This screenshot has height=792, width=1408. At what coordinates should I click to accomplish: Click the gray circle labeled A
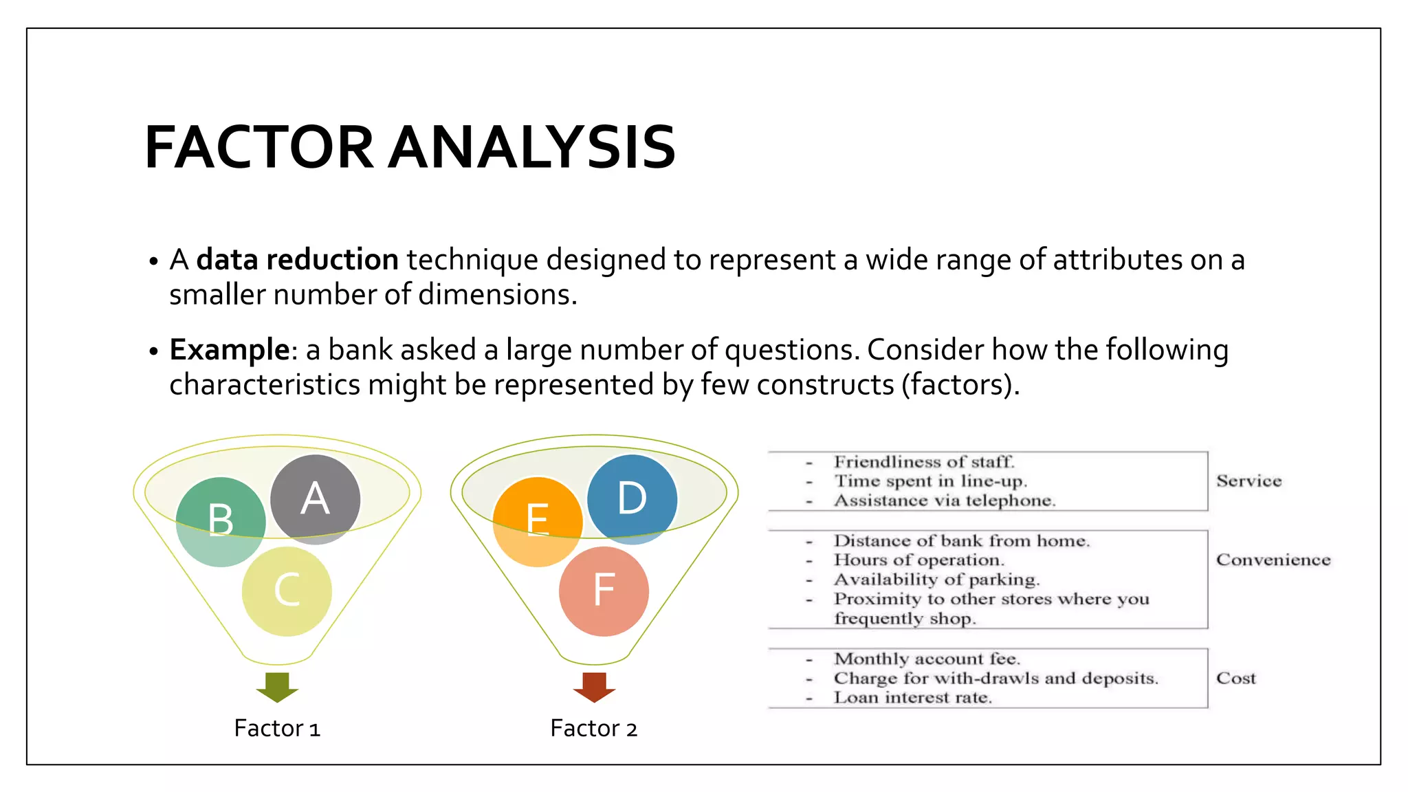click(x=315, y=499)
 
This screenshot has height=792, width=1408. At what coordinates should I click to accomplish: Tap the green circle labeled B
click(x=221, y=522)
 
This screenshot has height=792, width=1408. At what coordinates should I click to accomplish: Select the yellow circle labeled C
click(x=287, y=591)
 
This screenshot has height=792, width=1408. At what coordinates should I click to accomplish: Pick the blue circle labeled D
click(x=632, y=499)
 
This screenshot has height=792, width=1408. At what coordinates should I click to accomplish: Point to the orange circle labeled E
click(x=538, y=522)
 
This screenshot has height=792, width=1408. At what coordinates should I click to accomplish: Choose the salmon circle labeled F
click(x=604, y=591)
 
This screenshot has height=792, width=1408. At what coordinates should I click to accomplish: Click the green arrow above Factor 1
click(x=277, y=687)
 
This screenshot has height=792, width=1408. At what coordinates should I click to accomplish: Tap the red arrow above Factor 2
click(x=594, y=687)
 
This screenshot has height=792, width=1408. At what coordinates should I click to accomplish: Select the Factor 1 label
click(x=277, y=728)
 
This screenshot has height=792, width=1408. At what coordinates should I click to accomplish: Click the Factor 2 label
click(x=594, y=728)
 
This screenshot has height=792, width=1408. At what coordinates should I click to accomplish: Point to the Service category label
click(x=1248, y=481)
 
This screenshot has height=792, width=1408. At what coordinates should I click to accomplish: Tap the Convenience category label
click(x=1273, y=560)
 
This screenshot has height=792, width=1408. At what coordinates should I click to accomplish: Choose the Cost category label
click(x=1235, y=679)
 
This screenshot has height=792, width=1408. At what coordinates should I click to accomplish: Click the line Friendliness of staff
click(x=924, y=462)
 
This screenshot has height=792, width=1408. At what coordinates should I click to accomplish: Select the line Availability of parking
click(x=936, y=580)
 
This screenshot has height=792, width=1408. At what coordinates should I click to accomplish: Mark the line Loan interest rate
click(x=913, y=698)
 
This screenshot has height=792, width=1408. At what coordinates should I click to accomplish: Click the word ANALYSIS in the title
click(x=532, y=147)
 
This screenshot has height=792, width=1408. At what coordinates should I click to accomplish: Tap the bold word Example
click(x=230, y=350)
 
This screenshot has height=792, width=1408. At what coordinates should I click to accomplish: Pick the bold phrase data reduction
click(x=297, y=260)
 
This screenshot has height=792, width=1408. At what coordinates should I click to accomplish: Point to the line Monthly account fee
click(x=927, y=659)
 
